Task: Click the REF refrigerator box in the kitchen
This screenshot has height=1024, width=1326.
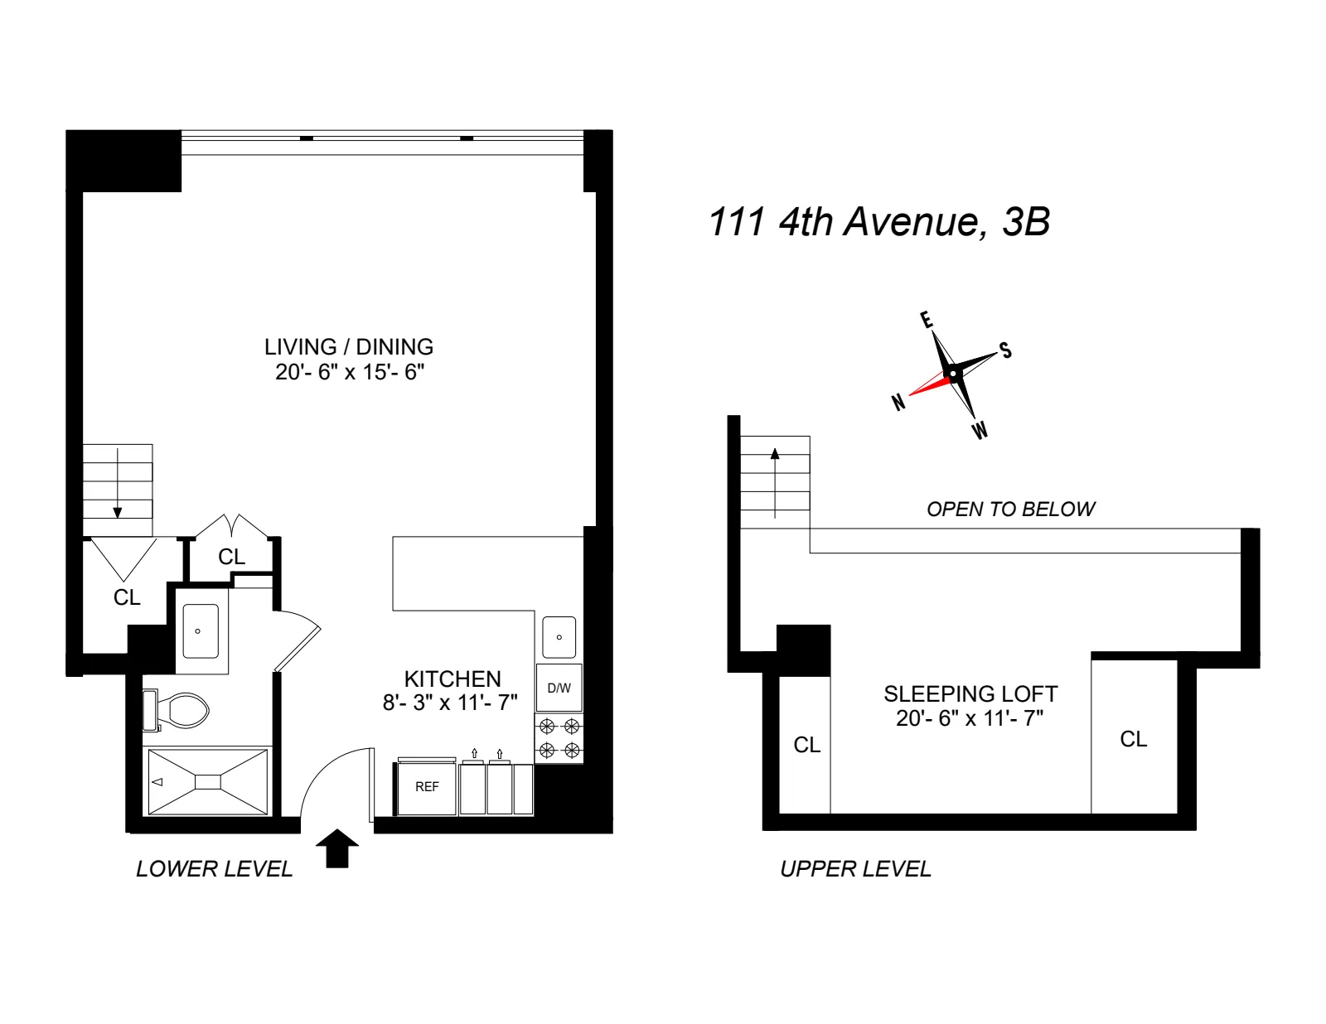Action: pyautogui.click(x=427, y=787)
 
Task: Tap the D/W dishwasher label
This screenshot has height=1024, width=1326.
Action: pyautogui.click(x=559, y=688)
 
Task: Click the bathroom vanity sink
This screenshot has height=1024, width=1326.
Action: pyautogui.click(x=200, y=631)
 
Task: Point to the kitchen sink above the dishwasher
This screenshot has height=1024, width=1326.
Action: pyautogui.click(x=559, y=637)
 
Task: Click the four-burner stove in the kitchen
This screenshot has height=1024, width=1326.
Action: pyautogui.click(x=559, y=739)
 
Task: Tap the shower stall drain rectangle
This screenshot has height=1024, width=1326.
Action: pyautogui.click(x=208, y=782)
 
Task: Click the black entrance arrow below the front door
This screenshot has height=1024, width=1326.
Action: pyautogui.click(x=337, y=848)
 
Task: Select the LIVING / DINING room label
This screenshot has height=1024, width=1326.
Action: pyautogui.click(x=349, y=347)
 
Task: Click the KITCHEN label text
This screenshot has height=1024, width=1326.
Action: pyautogui.click(x=452, y=679)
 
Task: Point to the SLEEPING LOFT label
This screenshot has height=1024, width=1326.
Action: pyautogui.click(x=970, y=694)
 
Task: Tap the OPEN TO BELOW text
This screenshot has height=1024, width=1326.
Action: pyautogui.click(x=1011, y=510)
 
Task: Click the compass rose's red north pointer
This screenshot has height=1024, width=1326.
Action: pyautogui.click(x=930, y=384)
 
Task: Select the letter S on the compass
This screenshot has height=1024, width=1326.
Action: pyautogui.click(x=1005, y=350)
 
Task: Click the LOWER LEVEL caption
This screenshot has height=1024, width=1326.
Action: pyautogui.click(x=215, y=869)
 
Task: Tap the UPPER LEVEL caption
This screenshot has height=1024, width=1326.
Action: pyautogui.click(x=856, y=869)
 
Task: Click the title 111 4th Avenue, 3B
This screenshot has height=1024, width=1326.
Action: pyautogui.click(x=879, y=222)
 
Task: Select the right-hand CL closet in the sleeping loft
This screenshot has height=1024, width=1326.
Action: pyautogui.click(x=1133, y=739)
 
